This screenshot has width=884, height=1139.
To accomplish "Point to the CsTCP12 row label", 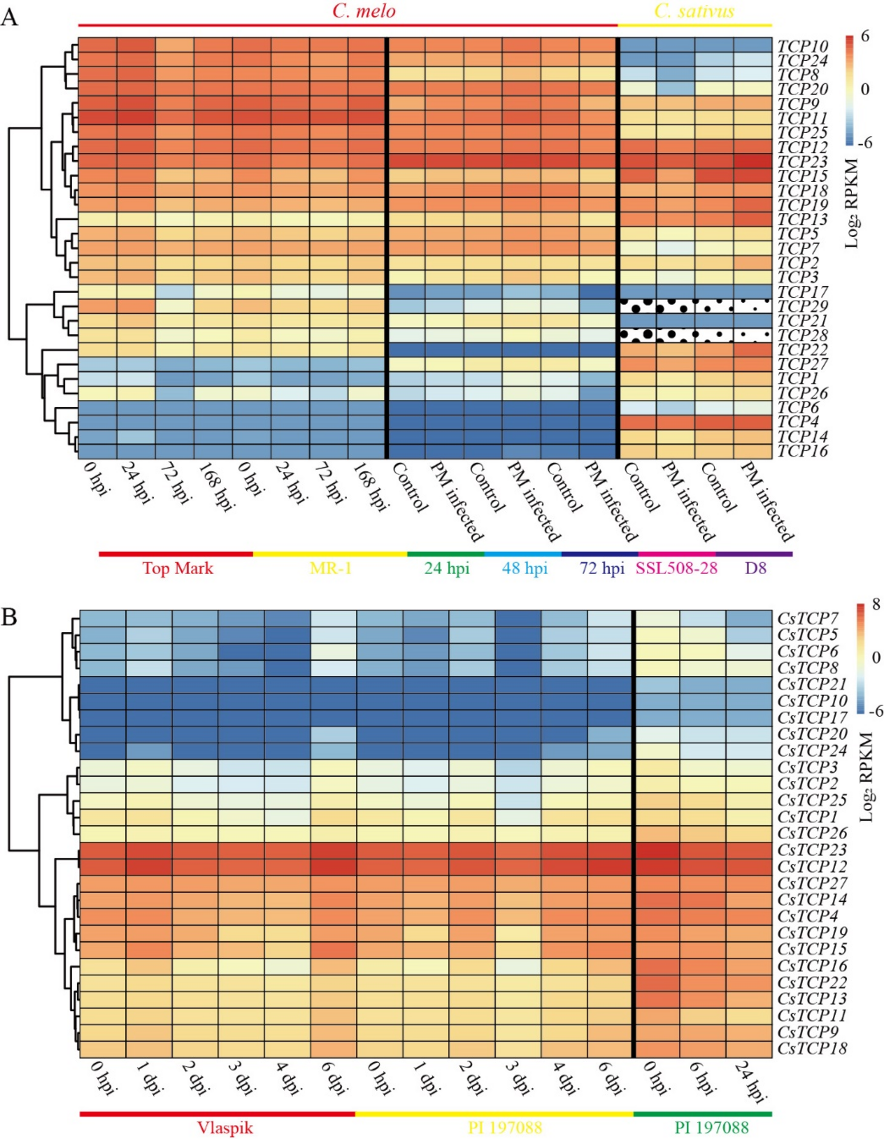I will pyautogui.click(x=812, y=867).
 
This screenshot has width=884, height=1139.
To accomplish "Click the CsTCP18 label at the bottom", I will pyautogui.click(x=812, y=1048).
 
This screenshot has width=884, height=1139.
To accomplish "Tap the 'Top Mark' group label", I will pyautogui.click(x=178, y=568).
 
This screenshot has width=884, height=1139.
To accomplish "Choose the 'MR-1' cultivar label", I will pyautogui.click(x=331, y=568).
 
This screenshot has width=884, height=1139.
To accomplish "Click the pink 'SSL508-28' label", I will pyautogui.click(x=676, y=568).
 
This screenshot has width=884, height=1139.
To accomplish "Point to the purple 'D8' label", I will pyautogui.click(x=756, y=568).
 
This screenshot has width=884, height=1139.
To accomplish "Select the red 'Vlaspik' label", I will pyautogui.click(x=225, y=1128).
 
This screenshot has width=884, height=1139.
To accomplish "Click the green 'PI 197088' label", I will pyautogui.click(x=711, y=1128).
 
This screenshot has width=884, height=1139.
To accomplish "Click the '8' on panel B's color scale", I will pyautogui.click(x=876, y=604).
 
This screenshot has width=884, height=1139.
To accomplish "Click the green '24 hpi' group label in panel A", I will pyautogui.click(x=446, y=568).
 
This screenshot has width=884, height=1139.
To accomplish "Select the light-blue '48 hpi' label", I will pyautogui.click(x=524, y=568).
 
